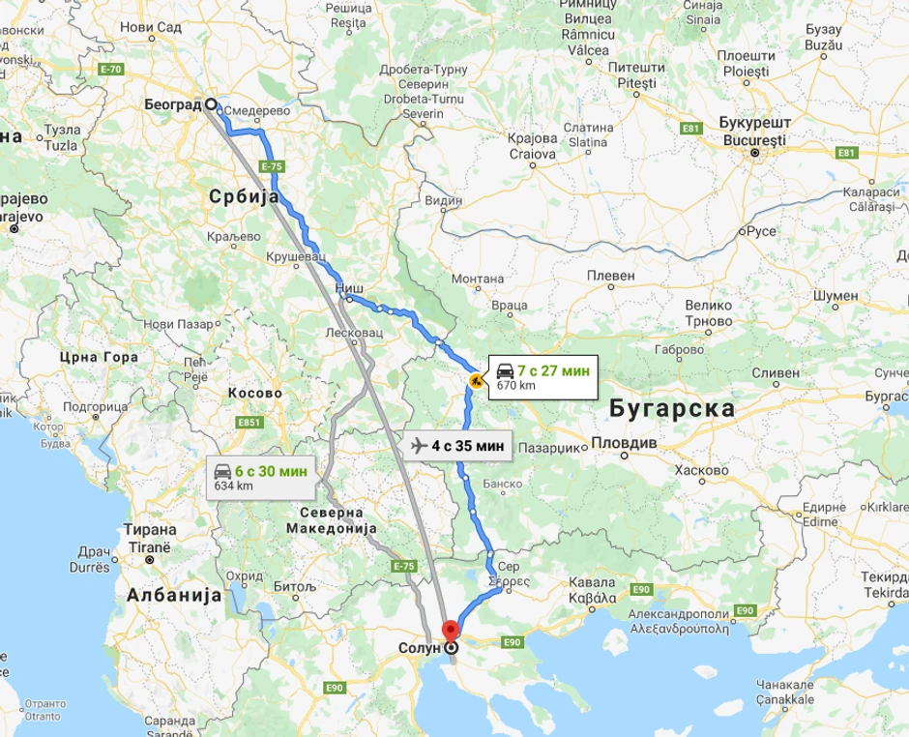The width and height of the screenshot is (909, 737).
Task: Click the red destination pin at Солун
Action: pos(450,632)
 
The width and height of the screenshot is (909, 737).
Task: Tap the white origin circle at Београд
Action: pos(211,104)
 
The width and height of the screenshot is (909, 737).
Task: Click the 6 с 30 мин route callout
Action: pos(260,477)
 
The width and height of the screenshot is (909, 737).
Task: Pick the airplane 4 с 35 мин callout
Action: pos(457,446)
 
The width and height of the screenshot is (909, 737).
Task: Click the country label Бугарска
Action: pos(672,408)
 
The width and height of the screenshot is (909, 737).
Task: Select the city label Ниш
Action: pos(348,287)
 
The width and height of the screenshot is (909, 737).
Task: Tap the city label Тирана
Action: pos(150,530)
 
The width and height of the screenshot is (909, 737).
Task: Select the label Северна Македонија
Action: pos(331,520)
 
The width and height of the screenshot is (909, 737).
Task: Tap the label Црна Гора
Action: pos(99,357)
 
